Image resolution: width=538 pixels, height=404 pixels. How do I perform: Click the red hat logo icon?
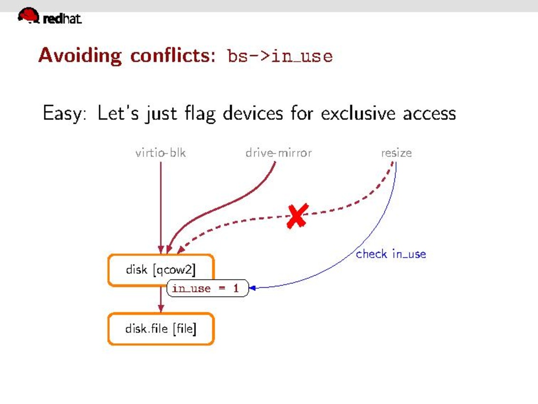29,15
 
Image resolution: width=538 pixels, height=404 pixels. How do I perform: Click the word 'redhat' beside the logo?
62,19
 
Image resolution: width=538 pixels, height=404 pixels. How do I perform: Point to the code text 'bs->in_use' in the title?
280,56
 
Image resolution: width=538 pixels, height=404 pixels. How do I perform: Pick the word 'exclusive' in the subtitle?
358,113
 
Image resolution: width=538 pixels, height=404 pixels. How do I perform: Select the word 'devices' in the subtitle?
253,113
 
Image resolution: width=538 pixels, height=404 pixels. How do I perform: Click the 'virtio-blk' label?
161,152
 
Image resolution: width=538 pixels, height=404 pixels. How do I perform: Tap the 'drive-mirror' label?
279,152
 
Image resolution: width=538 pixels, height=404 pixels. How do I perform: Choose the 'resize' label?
396,152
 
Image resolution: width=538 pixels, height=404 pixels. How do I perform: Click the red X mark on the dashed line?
297,216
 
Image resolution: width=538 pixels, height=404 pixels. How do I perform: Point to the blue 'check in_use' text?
391,254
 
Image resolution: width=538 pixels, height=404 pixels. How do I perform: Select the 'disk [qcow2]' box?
161,270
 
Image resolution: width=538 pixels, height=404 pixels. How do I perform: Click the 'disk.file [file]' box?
161,329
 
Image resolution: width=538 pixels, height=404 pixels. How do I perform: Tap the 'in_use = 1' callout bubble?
207,288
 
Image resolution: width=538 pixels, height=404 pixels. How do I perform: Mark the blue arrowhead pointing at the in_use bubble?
252,288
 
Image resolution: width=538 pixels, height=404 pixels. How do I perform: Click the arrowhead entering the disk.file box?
161,308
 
